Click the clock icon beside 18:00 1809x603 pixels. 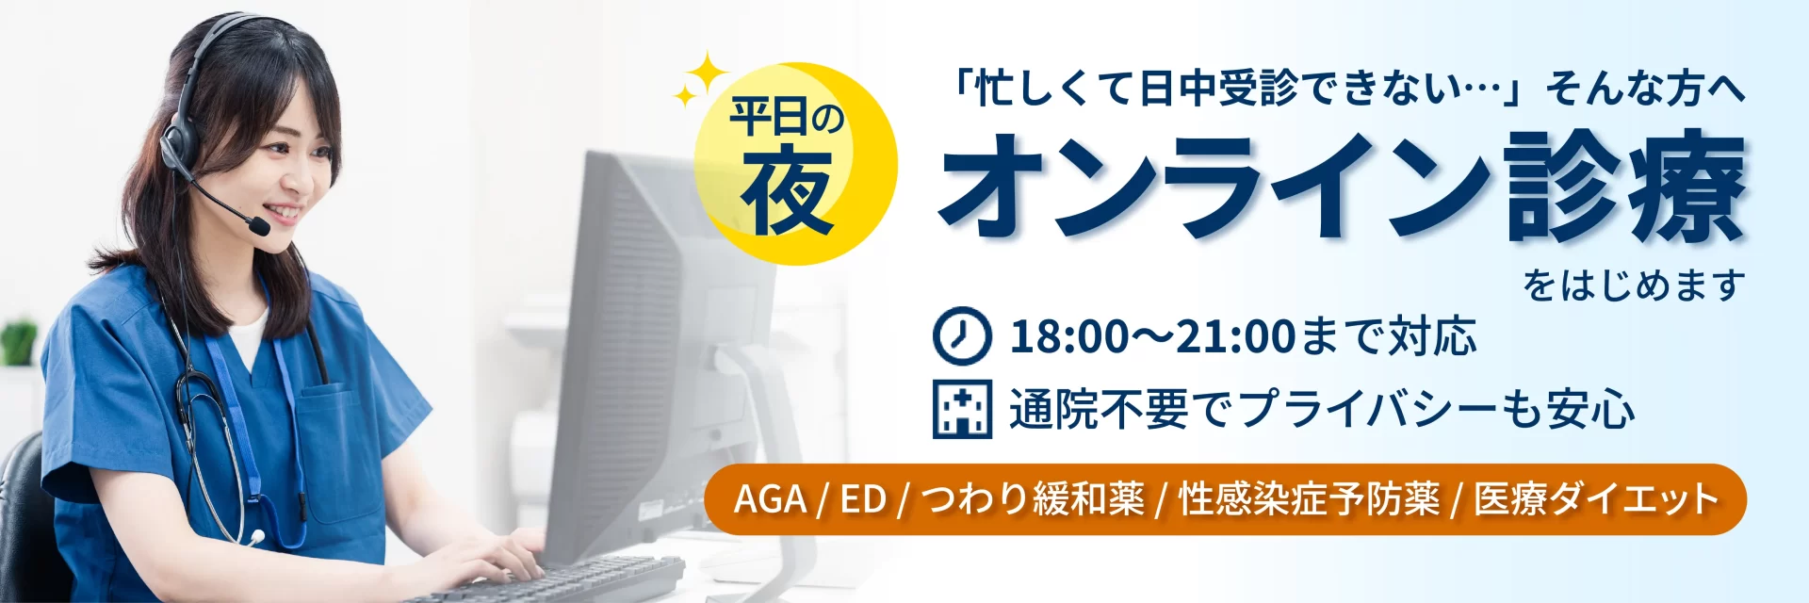tap(962, 335)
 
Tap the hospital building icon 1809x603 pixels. tap(962, 409)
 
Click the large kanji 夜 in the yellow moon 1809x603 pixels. tap(787, 193)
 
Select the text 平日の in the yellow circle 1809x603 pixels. tap(788, 119)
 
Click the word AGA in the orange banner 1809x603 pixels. tap(770, 499)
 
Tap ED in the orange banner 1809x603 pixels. tap(863, 499)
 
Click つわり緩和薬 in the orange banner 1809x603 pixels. tap(1033, 499)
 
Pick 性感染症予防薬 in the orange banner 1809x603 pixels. tap(1310, 499)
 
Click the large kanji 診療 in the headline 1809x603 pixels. tap(1626, 187)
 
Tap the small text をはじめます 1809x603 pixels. tap(1635, 285)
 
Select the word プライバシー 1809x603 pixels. tap(1367, 410)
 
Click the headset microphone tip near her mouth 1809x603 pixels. tap(258, 227)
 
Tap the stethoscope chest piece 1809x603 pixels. tap(256, 538)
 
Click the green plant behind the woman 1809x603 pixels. tap(19, 342)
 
